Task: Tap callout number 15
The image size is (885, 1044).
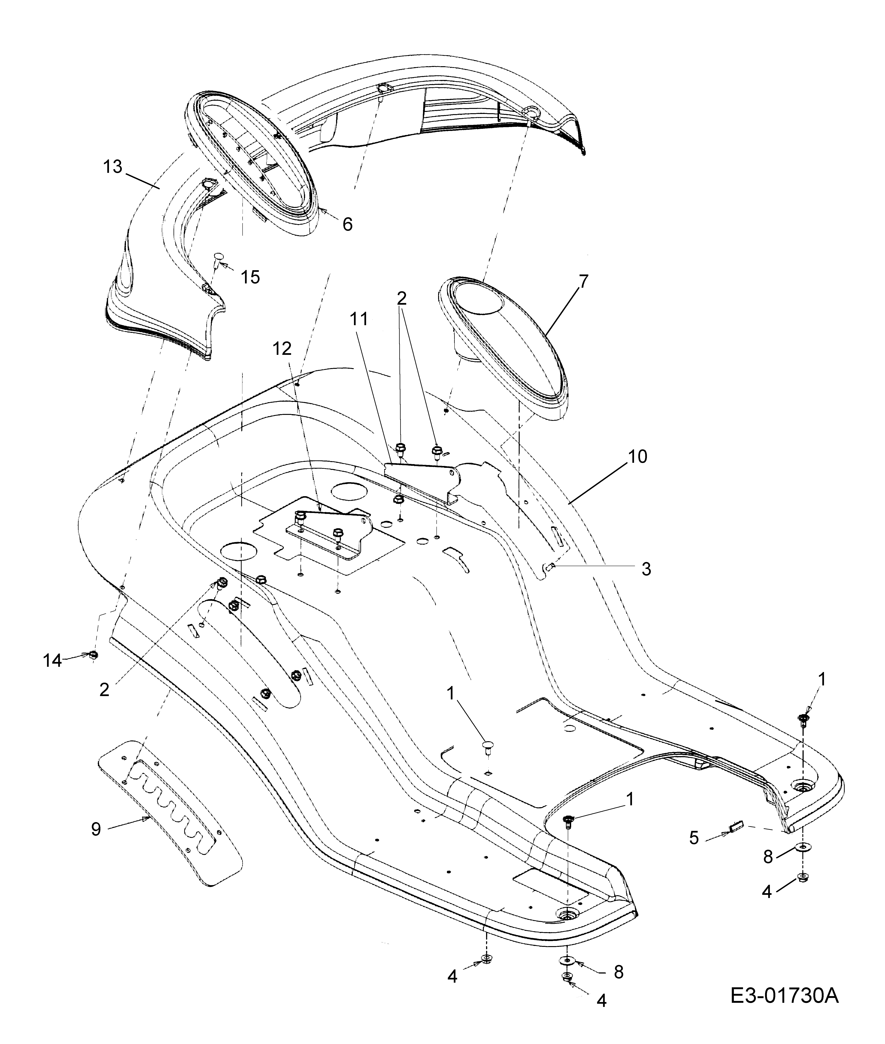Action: pos(250,277)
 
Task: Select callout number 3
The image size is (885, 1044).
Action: pos(646,569)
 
